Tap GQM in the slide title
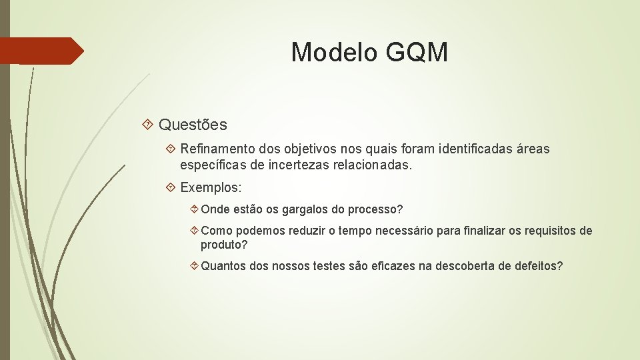click(x=417, y=52)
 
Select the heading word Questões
click(x=193, y=125)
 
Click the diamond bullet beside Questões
click(x=149, y=125)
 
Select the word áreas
click(x=533, y=149)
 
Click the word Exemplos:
click(x=211, y=187)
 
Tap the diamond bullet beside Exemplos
click(x=171, y=187)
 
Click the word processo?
click(x=373, y=209)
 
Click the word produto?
click(x=224, y=245)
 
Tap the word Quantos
click(x=223, y=266)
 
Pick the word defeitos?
click(x=539, y=266)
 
